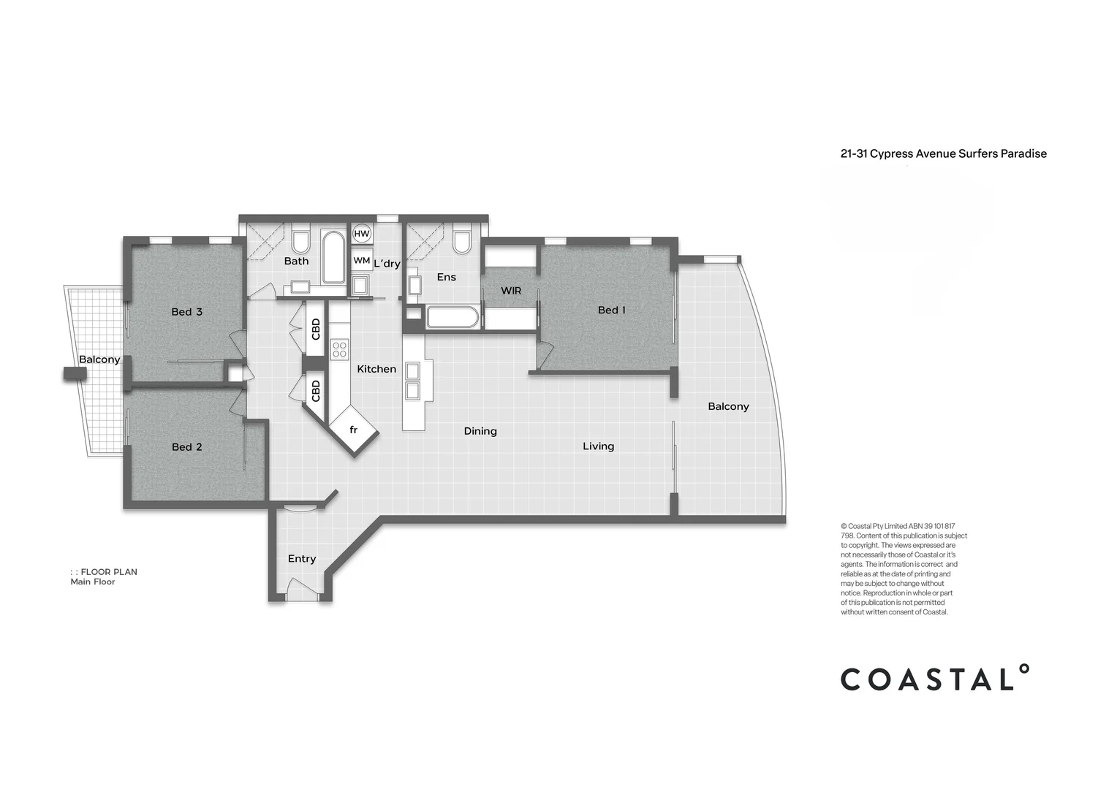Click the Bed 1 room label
point(612,310)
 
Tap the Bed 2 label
point(186,447)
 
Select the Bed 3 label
point(186,312)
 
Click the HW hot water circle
point(361,234)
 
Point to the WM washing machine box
point(361,260)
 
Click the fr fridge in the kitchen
point(353,430)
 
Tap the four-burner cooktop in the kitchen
point(339,349)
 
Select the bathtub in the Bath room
point(333,257)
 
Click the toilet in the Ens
point(461,241)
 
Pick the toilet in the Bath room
point(300,240)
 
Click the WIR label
point(511,291)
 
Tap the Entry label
point(301,559)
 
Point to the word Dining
point(480,431)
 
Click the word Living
point(598,446)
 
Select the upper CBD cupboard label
point(316,329)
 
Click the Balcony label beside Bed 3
point(99,359)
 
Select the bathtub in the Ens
point(453,318)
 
